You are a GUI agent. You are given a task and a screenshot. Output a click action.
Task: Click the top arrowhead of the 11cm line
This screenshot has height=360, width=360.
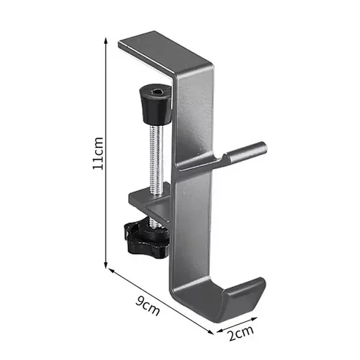[x=107, y=42]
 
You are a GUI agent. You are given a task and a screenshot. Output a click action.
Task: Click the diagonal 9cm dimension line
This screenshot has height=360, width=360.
[x=165, y=300]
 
